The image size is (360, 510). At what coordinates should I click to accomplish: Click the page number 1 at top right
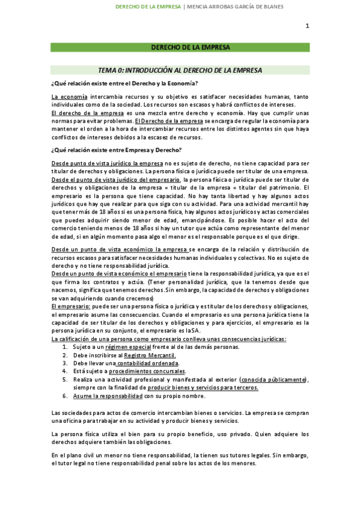(x=307, y=26)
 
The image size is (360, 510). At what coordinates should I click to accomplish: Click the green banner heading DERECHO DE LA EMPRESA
(x=180, y=47)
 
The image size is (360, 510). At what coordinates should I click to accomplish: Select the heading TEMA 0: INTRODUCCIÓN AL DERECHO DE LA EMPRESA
(x=180, y=70)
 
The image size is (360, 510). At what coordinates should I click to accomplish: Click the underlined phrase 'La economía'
(x=70, y=97)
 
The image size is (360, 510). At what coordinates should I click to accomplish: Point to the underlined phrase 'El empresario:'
(x=71, y=306)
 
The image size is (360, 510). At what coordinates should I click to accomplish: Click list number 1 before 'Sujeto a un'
(x=66, y=347)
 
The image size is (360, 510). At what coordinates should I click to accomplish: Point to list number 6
(x=66, y=396)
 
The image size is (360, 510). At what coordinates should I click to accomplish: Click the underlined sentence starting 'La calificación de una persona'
(x=169, y=339)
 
